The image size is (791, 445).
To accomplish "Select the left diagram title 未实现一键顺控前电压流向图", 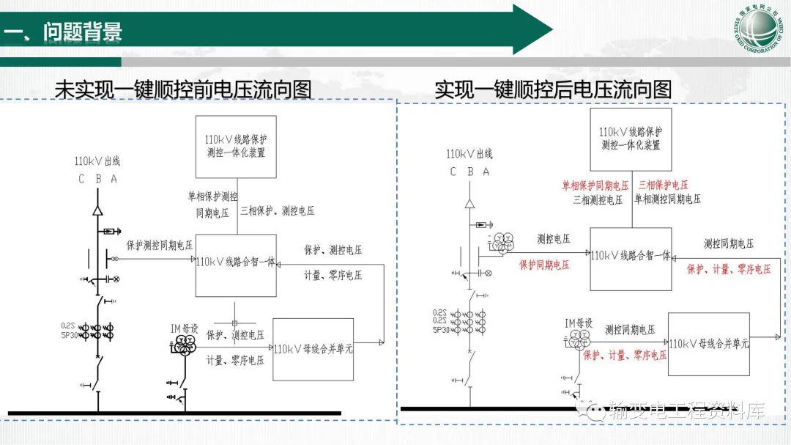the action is pos(183,89).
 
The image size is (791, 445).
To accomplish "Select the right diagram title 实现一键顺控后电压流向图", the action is pos(553,89).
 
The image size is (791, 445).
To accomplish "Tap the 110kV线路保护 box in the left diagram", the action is pos(236,146).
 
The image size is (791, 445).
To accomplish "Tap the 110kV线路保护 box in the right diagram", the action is pos(631,139).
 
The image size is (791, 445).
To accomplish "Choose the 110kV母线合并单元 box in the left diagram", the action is pos(313,349).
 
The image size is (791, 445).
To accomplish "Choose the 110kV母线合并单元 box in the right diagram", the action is pos(708,344).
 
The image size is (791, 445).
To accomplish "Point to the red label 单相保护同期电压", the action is pos(595,185).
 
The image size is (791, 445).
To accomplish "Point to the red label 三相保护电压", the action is pos(663,185).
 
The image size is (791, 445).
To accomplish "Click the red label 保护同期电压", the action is pos(544,265).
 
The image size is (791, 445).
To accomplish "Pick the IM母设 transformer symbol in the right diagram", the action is pos(578,339).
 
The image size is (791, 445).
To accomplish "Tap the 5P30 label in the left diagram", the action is pos(70,335).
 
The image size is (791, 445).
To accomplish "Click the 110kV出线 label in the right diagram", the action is pos(469,154).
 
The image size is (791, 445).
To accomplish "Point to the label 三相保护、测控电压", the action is pos(278,211).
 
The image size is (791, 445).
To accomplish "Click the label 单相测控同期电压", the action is pos(667,199).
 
